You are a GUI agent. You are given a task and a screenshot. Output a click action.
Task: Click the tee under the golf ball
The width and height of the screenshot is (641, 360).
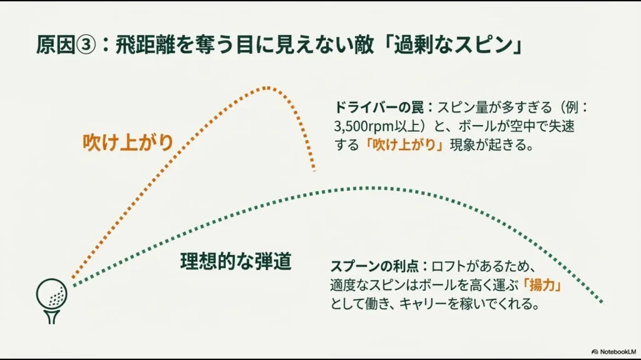coord(53,314)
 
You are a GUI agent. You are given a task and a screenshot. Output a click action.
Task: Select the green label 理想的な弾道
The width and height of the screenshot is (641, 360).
coord(236,261)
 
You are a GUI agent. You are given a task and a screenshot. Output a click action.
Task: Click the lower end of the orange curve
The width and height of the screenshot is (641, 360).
coord(314,169)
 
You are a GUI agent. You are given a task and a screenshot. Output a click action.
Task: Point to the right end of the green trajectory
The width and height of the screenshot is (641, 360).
coord(602,302)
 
